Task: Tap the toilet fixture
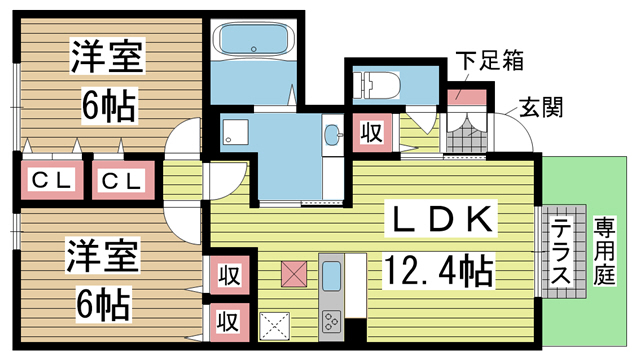coord(376,85)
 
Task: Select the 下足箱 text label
coord(489,61)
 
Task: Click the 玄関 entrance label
coord(541,107)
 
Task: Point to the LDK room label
coord(441,219)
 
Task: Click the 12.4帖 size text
coord(438,270)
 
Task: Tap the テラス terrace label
coord(560,251)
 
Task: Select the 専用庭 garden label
coord(604,251)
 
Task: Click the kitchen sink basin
coord(331,276)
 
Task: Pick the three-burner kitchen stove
coord(331,321)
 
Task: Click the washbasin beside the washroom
coord(333,134)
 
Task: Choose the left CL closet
coord(51,180)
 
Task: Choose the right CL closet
coord(123,180)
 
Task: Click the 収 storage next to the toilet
coord(372,133)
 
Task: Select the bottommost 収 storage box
coord(229,322)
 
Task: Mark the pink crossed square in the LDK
coord(294,273)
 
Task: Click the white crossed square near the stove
coord(275,326)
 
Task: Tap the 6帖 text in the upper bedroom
coord(109,106)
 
